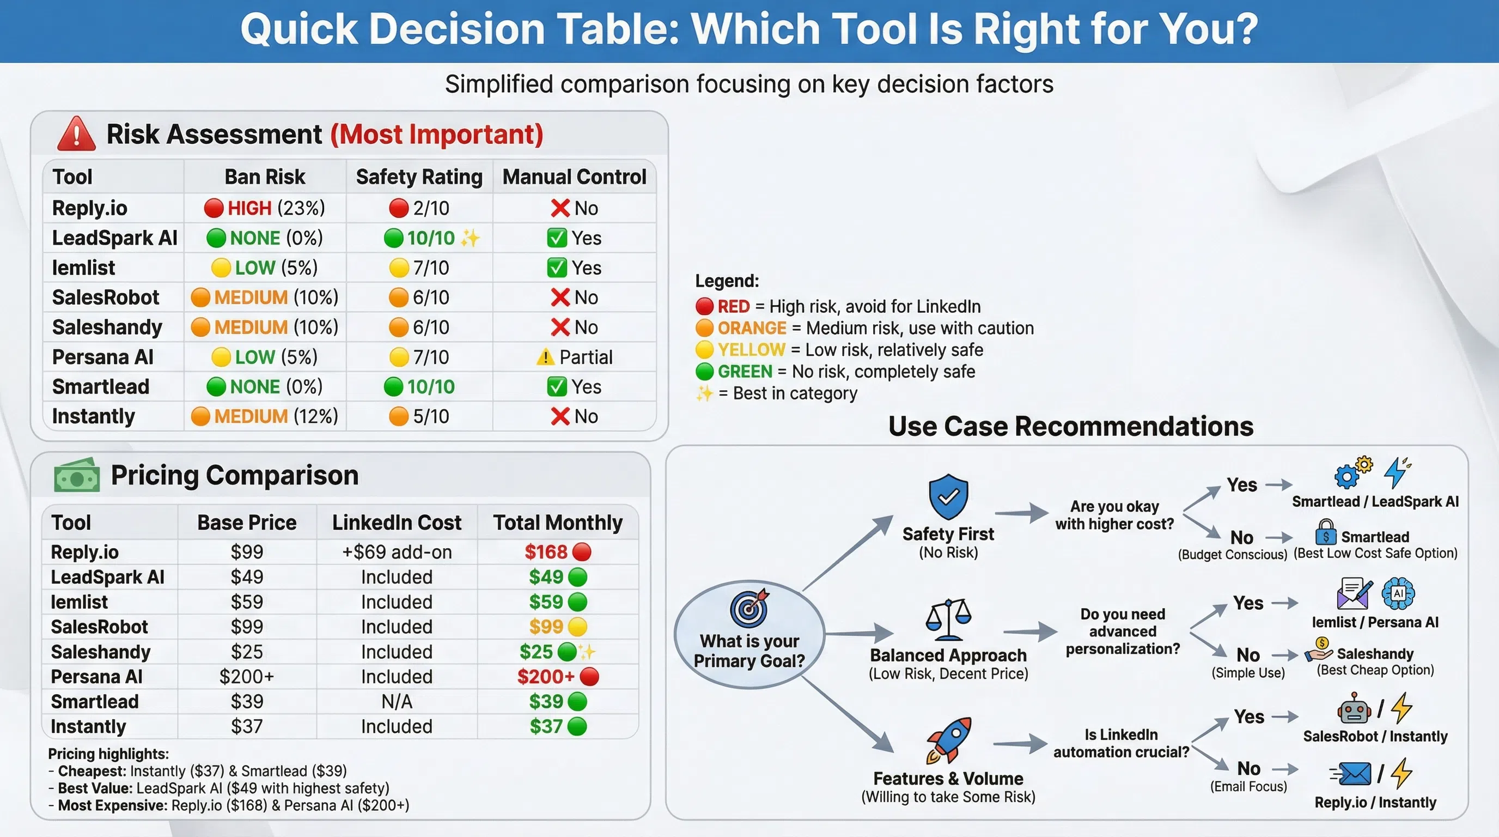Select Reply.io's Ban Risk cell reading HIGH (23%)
click(265, 208)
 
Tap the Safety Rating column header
click(419, 177)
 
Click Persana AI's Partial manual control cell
click(574, 357)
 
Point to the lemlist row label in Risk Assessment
click(83, 268)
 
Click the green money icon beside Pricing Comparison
click(76, 476)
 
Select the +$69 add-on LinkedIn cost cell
click(397, 552)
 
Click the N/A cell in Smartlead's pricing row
click(397, 701)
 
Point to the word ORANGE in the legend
click(751, 328)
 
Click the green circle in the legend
click(704, 371)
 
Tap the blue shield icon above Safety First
click(948, 496)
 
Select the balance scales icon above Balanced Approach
click(948, 620)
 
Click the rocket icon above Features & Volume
click(948, 741)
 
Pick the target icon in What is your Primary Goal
click(750, 608)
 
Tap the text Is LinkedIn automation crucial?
click(1121, 743)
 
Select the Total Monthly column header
click(557, 523)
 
